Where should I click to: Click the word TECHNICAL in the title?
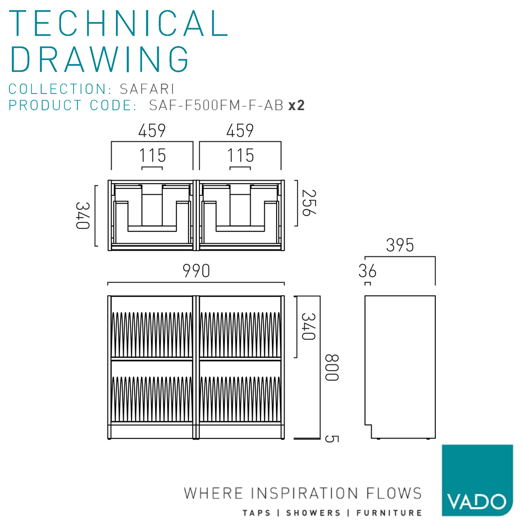pos(119,23)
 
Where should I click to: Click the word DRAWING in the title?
pos(100,58)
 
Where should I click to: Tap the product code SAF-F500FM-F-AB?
pos(216,105)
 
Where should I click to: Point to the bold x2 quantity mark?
pos(296,105)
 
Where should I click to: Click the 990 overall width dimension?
pos(196,271)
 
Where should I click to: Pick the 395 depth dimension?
pos(400,245)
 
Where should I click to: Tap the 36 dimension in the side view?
pos(367,271)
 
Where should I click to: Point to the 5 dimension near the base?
pos(329,438)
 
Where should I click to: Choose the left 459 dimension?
pos(152,130)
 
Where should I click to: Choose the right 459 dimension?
pos(240,130)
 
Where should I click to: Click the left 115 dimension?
pos(152,156)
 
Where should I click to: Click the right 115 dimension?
pos(241,156)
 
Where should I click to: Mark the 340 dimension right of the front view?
pos(309,327)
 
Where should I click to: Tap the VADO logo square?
pos(477,480)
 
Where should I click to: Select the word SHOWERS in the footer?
pos(315,513)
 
